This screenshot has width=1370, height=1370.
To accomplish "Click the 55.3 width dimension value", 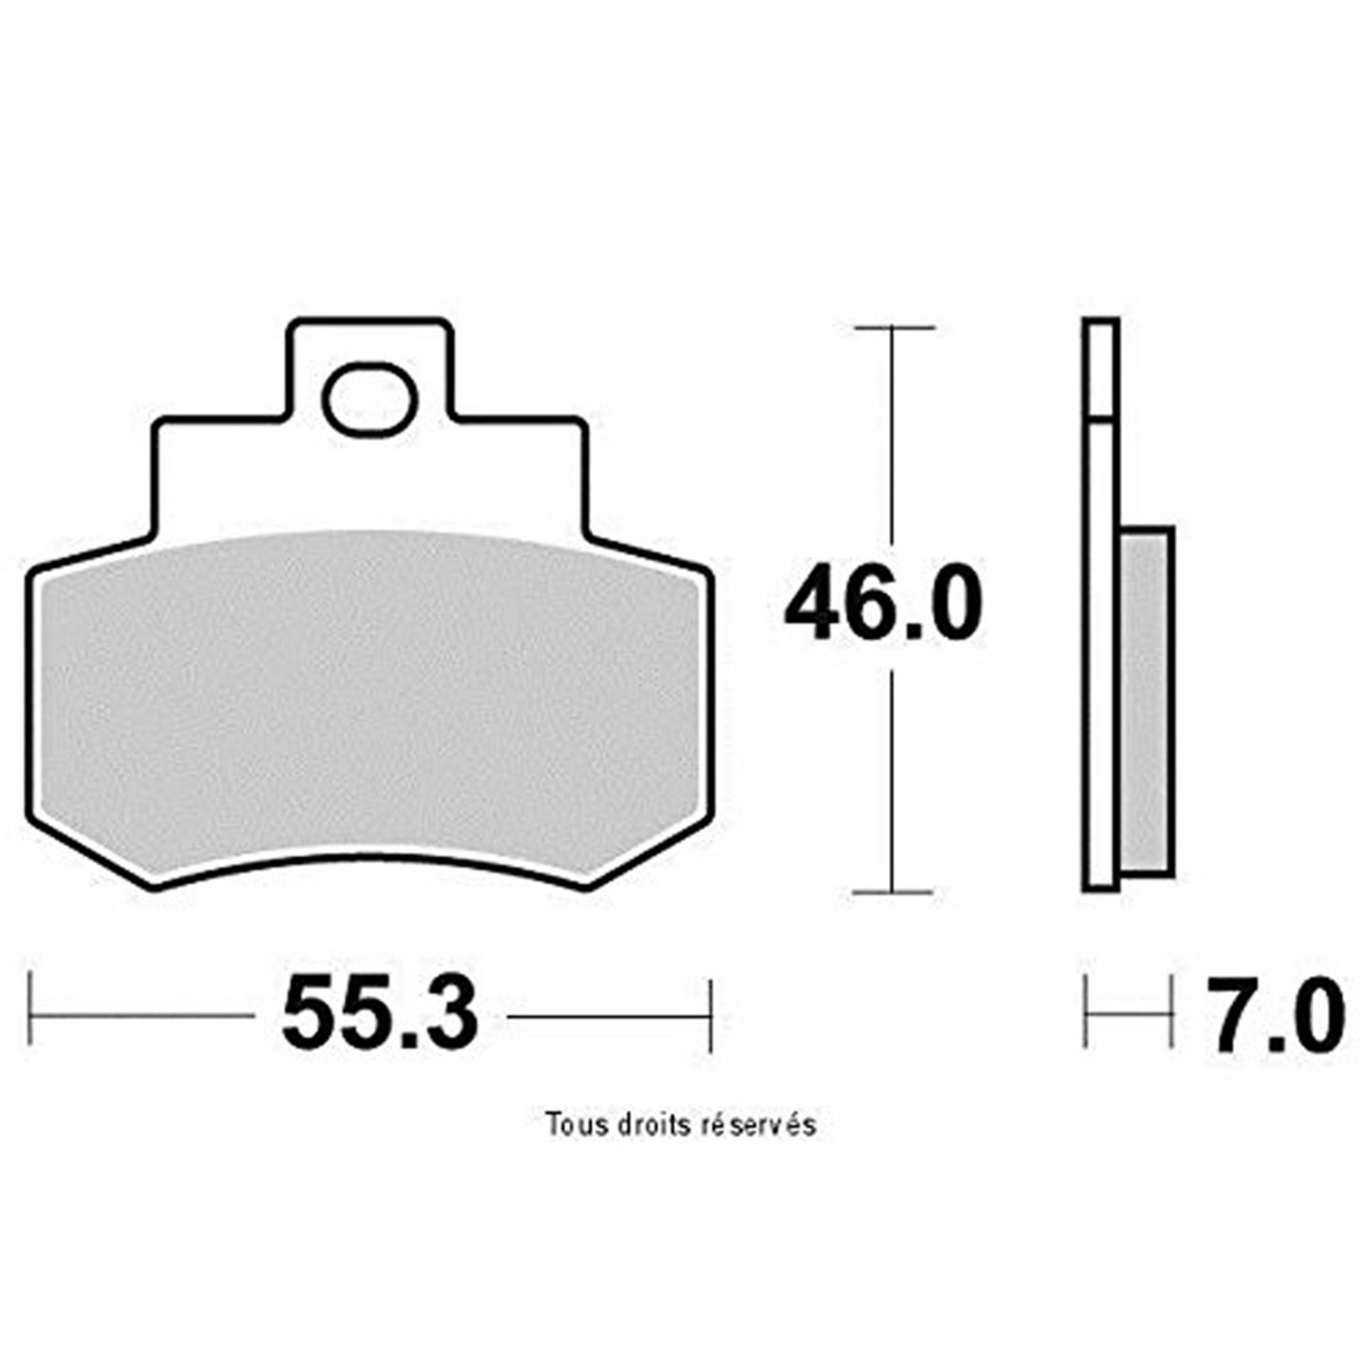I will pyautogui.click(x=380, y=1015).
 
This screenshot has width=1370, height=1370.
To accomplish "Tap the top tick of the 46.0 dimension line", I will pyautogui.click(x=893, y=327).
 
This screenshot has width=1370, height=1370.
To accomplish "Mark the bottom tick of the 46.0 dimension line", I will pyautogui.click(x=893, y=892).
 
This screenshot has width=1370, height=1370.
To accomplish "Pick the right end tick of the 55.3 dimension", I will pyautogui.click(x=710, y=1015).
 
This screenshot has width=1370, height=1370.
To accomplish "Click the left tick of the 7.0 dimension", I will pyautogui.click(x=1085, y=1015).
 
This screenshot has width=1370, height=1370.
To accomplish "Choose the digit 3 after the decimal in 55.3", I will pyautogui.click(x=446, y=1015).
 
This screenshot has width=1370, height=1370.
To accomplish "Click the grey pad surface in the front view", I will pyautogui.click(x=370, y=702).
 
